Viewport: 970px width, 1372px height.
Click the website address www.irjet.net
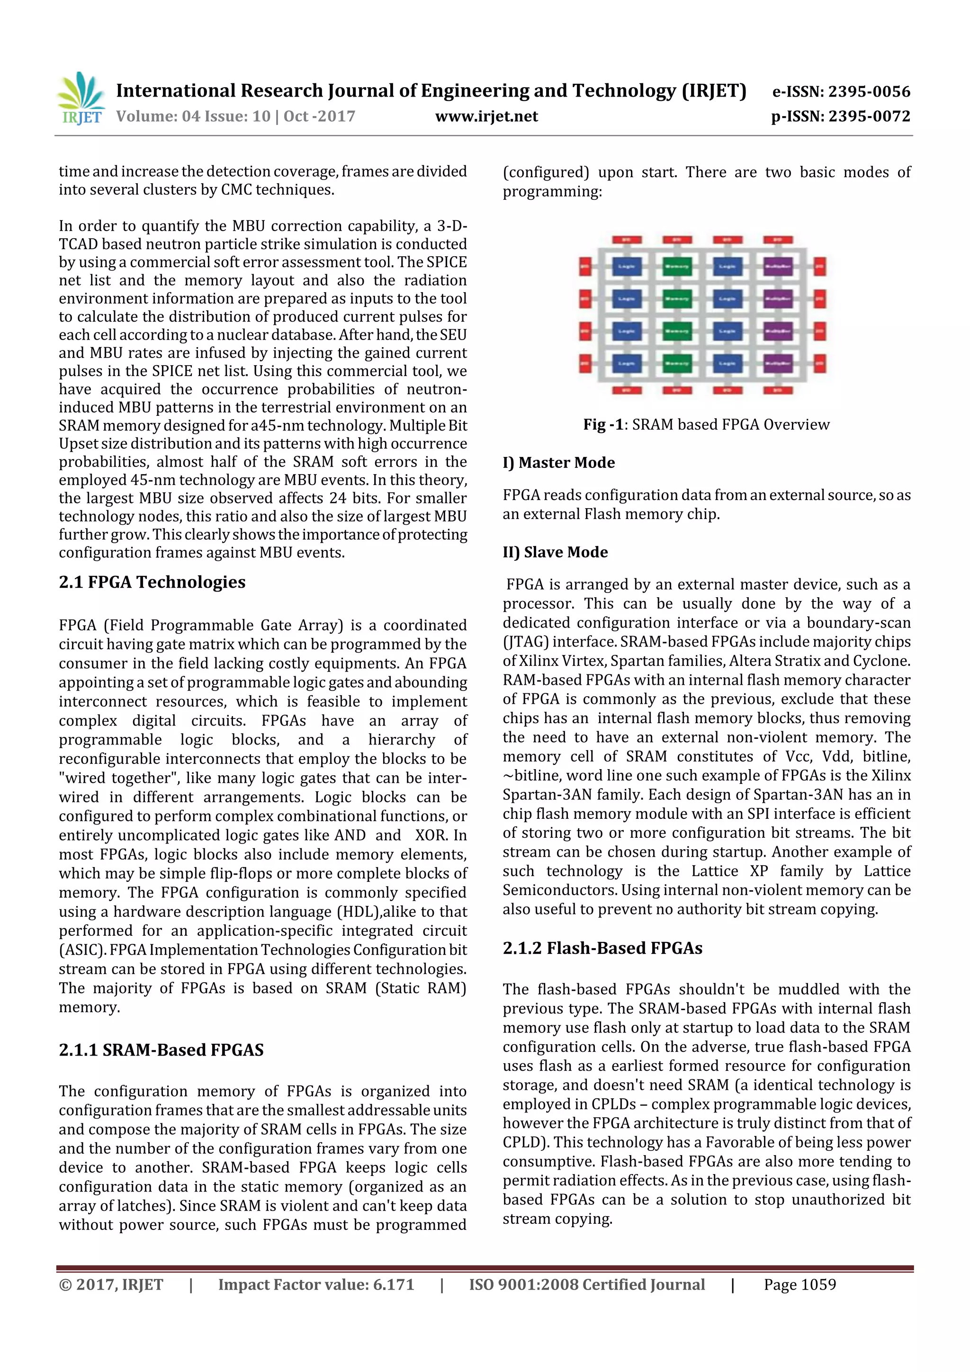pos(486,117)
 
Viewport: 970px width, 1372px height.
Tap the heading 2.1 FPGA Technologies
pos(152,583)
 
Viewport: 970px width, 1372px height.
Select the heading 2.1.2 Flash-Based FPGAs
pos(602,948)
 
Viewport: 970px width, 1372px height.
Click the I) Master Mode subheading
pos(558,463)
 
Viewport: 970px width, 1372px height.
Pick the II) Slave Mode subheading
pos(555,552)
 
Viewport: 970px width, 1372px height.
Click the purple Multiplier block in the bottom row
pos(778,363)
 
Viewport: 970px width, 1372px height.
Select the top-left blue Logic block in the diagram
pos(626,267)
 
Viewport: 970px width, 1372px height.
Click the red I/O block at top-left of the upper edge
pos(626,240)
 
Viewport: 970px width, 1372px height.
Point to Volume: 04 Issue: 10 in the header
pos(193,117)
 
